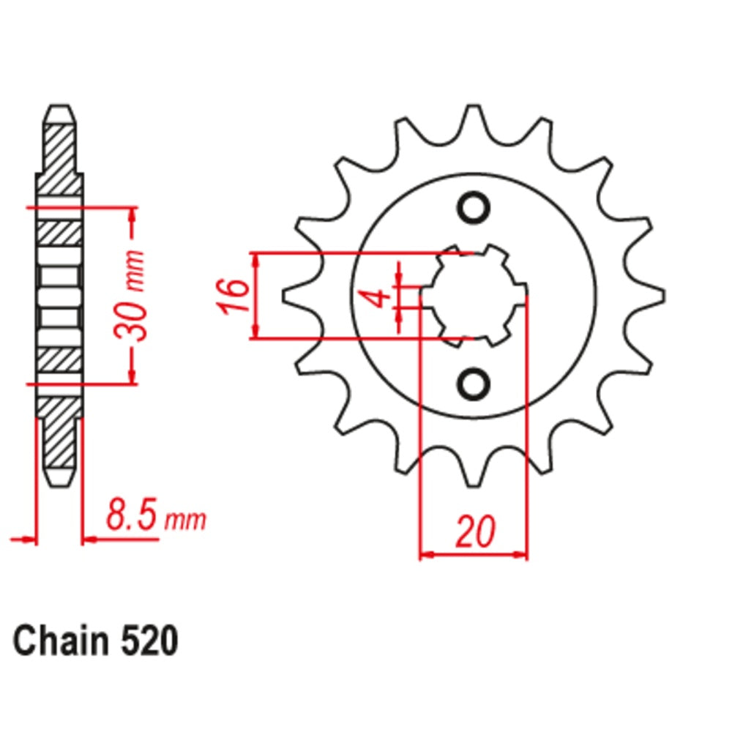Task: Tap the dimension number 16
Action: [x=233, y=296]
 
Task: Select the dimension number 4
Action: [x=376, y=298]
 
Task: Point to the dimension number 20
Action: [x=474, y=532]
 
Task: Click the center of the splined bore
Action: [x=474, y=296]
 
